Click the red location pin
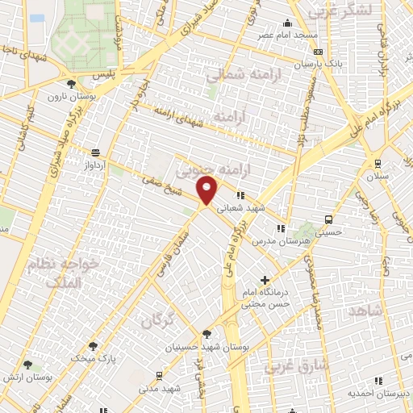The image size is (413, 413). (207, 190)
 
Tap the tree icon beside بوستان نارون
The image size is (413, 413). (72, 83)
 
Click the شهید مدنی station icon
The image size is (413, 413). (157, 375)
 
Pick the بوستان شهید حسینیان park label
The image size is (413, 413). (204, 348)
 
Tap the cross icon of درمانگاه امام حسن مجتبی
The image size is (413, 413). (265, 280)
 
